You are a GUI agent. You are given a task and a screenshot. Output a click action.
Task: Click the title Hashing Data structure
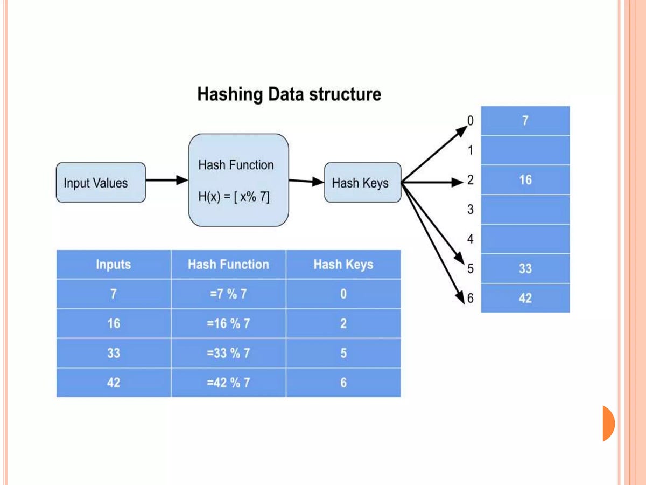pos(289,94)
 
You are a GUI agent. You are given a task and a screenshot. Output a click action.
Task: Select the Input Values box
pos(101,183)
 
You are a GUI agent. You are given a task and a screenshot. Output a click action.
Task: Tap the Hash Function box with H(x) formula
pos(238,180)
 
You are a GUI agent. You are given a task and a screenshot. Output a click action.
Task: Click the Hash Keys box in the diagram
pos(362,183)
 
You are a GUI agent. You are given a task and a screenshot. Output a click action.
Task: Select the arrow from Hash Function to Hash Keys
pos(306,182)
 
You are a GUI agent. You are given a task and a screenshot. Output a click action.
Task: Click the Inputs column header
pos(113,265)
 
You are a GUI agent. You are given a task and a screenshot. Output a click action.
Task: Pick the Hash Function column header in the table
pos(228,265)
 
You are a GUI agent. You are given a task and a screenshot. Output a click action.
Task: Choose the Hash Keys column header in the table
pos(343,265)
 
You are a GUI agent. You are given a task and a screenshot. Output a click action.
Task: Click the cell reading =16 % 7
pos(228,324)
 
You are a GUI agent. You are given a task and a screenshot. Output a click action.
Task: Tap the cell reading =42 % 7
pos(228,383)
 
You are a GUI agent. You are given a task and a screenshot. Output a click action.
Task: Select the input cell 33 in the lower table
pos(113,354)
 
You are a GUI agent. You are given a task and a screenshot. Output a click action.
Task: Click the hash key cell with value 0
pos(343,294)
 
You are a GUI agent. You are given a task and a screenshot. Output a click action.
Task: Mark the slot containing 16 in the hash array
pos(525,180)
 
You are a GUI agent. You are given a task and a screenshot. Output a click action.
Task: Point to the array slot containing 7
pos(525,121)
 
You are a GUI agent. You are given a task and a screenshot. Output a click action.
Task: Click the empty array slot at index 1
pos(525,150)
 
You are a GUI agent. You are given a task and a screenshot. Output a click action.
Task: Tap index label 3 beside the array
pos(470,210)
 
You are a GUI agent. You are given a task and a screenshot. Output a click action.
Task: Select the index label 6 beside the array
pos(470,298)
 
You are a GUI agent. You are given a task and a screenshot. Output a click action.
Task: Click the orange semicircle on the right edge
pos(608,423)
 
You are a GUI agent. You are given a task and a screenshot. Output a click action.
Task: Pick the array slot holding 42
pos(525,298)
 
